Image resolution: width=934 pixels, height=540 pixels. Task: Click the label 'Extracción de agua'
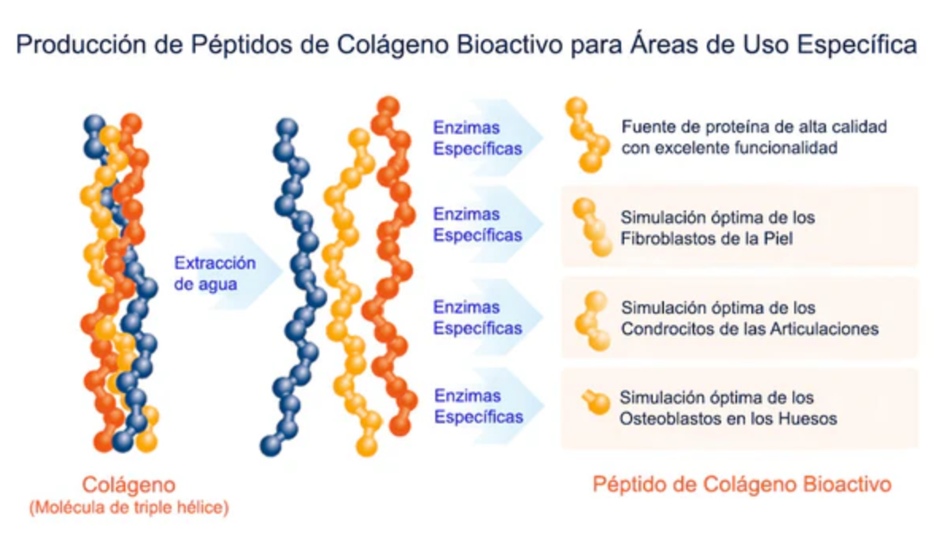214,272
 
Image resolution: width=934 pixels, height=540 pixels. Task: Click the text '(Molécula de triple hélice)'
129,507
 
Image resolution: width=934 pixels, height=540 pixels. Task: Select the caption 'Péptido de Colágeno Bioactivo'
742,484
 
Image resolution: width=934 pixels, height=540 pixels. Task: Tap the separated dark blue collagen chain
295,286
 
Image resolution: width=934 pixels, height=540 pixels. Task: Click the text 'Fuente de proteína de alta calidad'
754,127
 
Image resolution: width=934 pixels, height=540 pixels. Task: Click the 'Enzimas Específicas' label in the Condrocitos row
477,318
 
